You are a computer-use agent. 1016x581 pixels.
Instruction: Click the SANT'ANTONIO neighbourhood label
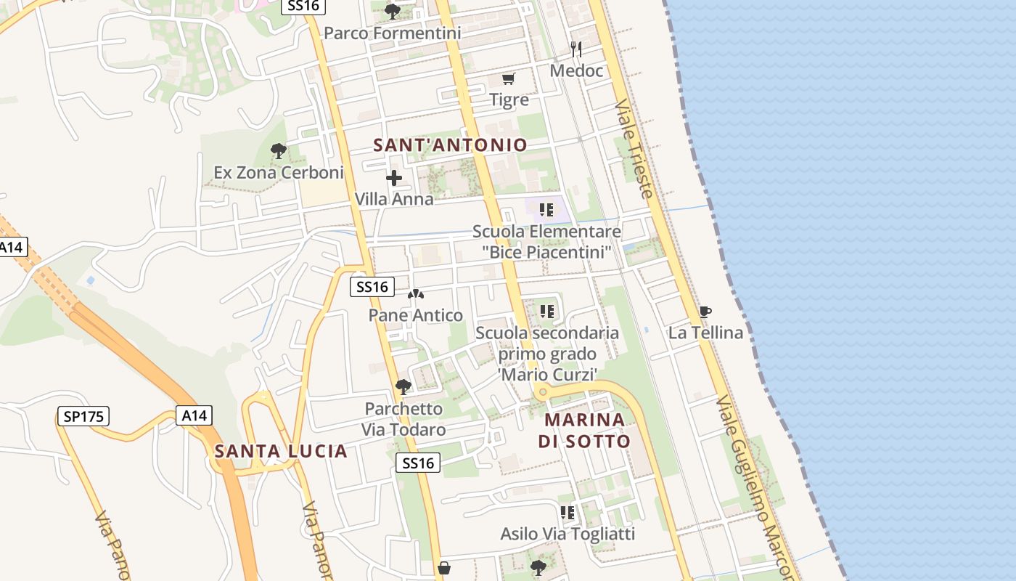click(x=450, y=145)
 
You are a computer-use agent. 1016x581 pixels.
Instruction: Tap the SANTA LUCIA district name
click(x=281, y=452)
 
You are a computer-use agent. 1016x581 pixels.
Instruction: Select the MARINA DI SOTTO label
click(x=584, y=431)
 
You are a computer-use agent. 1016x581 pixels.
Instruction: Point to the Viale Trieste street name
click(x=634, y=149)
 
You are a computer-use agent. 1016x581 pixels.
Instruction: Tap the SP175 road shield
click(x=83, y=417)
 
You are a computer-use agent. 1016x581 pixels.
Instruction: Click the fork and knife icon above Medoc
click(x=576, y=49)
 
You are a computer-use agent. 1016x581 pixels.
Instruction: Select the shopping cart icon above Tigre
click(x=509, y=78)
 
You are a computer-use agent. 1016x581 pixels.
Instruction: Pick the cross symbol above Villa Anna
click(x=394, y=178)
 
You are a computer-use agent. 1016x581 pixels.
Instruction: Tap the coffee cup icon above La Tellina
click(x=705, y=312)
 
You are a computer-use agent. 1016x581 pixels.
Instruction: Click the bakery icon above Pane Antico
click(x=416, y=294)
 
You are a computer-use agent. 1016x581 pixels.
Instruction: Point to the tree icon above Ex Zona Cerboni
click(x=278, y=151)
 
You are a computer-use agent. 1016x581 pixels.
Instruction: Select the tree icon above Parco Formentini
click(x=393, y=11)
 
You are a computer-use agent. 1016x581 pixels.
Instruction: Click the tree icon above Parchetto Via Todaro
click(x=403, y=387)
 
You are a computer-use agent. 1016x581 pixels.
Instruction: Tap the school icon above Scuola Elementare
click(x=546, y=211)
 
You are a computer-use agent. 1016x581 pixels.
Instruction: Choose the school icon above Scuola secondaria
click(x=547, y=312)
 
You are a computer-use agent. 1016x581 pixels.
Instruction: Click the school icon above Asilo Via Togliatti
click(x=568, y=513)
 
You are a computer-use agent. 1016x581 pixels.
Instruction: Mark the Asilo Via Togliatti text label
click(x=568, y=535)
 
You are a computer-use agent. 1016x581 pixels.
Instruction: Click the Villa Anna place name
click(x=394, y=199)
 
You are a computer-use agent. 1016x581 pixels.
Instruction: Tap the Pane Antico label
click(x=416, y=315)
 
